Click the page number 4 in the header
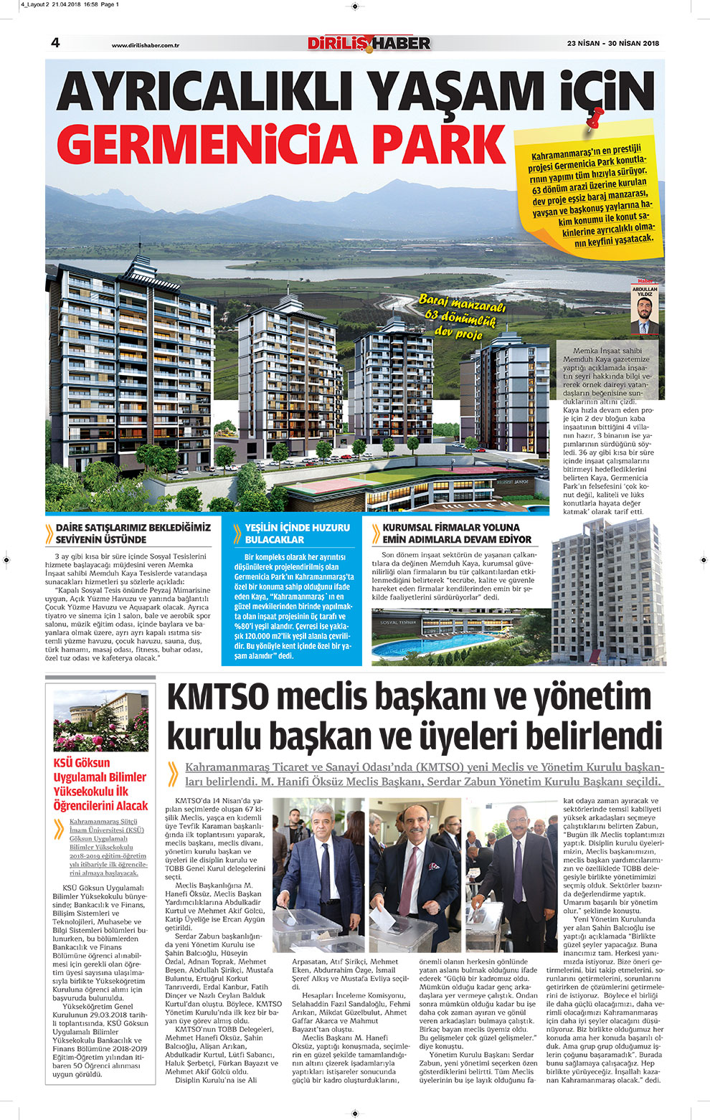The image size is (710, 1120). point(55,43)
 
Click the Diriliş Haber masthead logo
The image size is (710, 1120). point(369,43)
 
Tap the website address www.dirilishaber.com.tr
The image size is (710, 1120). point(145,45)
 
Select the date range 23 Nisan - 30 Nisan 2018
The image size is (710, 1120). point(612,43)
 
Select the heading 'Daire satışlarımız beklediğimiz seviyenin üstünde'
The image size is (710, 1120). point(133,533)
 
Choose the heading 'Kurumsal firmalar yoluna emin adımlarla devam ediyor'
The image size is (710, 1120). point(456,533)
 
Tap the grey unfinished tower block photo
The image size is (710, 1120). point(607,592)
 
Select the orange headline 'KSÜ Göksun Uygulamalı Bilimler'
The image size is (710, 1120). point(100,784)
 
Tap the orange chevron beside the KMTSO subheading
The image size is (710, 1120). point(173,774)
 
